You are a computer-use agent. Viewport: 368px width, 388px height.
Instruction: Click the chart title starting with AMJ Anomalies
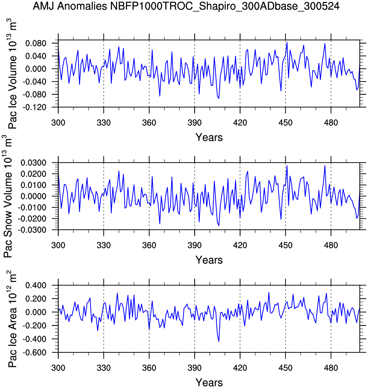click(x=186, y=6)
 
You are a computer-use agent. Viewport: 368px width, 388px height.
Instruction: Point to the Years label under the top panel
click(x=209, y=138)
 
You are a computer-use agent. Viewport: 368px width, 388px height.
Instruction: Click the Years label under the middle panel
click(x=209, y=260)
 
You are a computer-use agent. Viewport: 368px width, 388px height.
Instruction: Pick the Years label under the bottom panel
click(x=209, y=382)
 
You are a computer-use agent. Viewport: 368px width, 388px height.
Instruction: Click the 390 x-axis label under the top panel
click(x=195, y=123)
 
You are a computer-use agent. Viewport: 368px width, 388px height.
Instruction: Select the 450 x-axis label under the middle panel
click(x=285, y=245)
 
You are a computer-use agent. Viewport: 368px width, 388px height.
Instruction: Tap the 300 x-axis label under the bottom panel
click(x=58, y=368)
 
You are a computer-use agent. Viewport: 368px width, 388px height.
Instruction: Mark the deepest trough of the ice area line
click(x=219, y=341)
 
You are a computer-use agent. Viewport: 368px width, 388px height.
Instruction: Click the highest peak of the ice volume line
click(x=287, y=42)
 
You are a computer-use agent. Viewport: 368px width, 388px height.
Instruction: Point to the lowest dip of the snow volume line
click(x=219, y=225)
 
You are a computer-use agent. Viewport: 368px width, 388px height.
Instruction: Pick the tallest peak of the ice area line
click(x=269, y=292)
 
